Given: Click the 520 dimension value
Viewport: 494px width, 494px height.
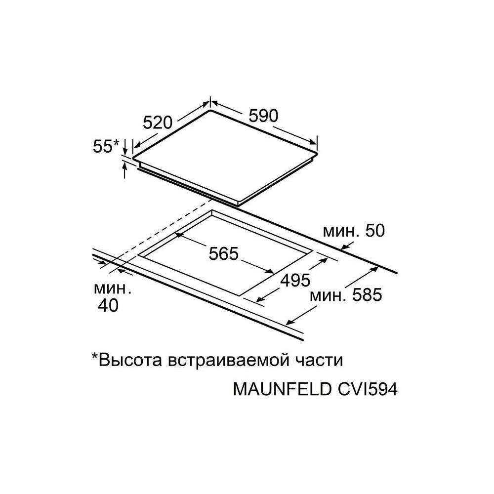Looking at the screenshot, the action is [x=157, y=122].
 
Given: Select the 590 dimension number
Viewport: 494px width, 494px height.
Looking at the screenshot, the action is [x=263, y=116].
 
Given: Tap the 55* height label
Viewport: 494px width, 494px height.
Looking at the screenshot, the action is [x=106, y=146].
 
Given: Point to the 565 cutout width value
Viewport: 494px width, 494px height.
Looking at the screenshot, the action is [x=224, y=254].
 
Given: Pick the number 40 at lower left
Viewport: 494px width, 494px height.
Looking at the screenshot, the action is [x=108, y=306].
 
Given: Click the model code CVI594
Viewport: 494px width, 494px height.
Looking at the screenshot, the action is [x=367, y=389].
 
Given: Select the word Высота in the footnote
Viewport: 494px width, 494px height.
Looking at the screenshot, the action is [x=129, y=359].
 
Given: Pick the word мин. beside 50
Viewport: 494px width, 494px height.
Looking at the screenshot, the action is [x=339, y=232].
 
